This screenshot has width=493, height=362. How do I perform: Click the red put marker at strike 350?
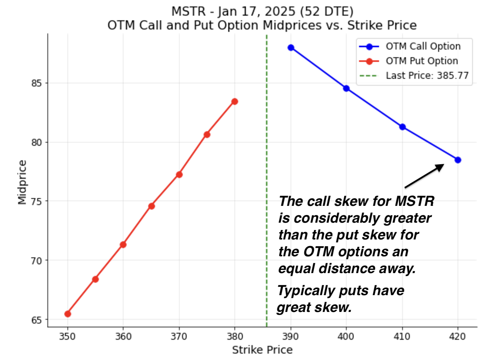coord(67,314)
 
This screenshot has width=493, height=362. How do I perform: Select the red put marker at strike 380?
coord(235,102)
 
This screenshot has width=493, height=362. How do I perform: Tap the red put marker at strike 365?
coord(151,206)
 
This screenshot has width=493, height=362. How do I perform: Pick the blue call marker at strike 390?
coord(291,48)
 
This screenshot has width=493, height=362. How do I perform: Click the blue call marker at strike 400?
coord(346,89)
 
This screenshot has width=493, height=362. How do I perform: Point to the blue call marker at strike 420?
coord(458,160)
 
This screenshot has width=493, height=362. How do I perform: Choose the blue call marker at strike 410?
coord(402,127)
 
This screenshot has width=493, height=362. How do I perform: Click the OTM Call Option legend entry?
coord(423,47)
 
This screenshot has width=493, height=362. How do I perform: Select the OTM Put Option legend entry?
coord(422,61)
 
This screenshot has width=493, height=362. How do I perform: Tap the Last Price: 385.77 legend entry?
coord(427,76)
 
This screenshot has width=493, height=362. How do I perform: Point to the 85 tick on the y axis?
coord(36,83)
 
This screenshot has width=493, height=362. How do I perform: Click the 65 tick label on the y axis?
coord(36,320)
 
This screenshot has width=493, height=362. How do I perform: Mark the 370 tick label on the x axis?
coord(179,336)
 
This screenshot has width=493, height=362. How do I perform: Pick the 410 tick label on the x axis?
coord(402,336)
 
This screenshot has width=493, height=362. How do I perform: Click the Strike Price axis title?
coord(262,350)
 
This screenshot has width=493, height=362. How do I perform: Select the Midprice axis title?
coord(22,182)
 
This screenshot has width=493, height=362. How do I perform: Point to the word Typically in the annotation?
coord(306,291)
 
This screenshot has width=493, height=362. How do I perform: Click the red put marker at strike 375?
coord(207,134)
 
